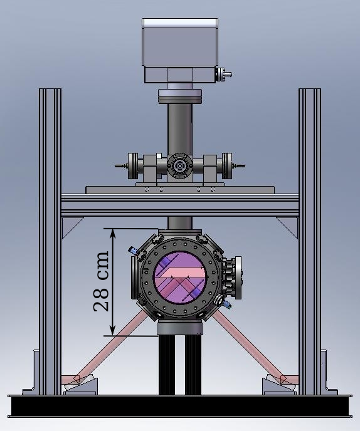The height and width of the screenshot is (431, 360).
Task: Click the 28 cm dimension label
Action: click(101, 281)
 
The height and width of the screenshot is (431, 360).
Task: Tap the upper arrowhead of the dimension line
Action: click(112, 234)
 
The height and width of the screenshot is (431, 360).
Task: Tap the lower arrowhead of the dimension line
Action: click(112, 330)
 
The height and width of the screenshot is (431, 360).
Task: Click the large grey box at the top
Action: click(180, 42)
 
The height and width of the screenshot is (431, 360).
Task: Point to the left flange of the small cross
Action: click(133, 166)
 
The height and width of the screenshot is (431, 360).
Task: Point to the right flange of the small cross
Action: click(227, 166)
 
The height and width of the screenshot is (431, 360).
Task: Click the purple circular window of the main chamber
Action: click(180, 277)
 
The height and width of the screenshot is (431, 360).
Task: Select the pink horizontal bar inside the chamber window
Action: click(184, 273)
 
